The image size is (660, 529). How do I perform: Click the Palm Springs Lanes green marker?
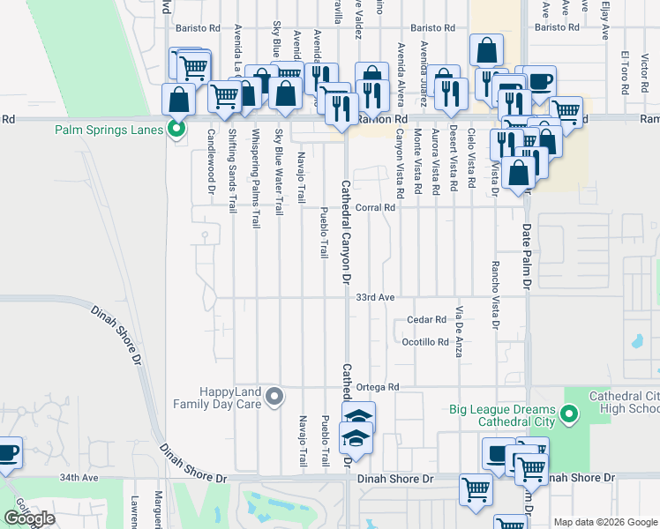[x=176, y=130]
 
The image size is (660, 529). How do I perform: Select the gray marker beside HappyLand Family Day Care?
[x=274, y=397]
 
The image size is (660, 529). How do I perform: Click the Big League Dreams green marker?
[x=569, y=411]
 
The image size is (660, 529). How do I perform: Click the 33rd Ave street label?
[x=375, y=298]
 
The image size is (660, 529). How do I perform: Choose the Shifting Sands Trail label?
[x=233, y=172]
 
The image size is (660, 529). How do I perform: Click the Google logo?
[x=29, y=518]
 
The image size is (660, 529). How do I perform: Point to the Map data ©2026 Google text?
[x=604, y=522]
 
